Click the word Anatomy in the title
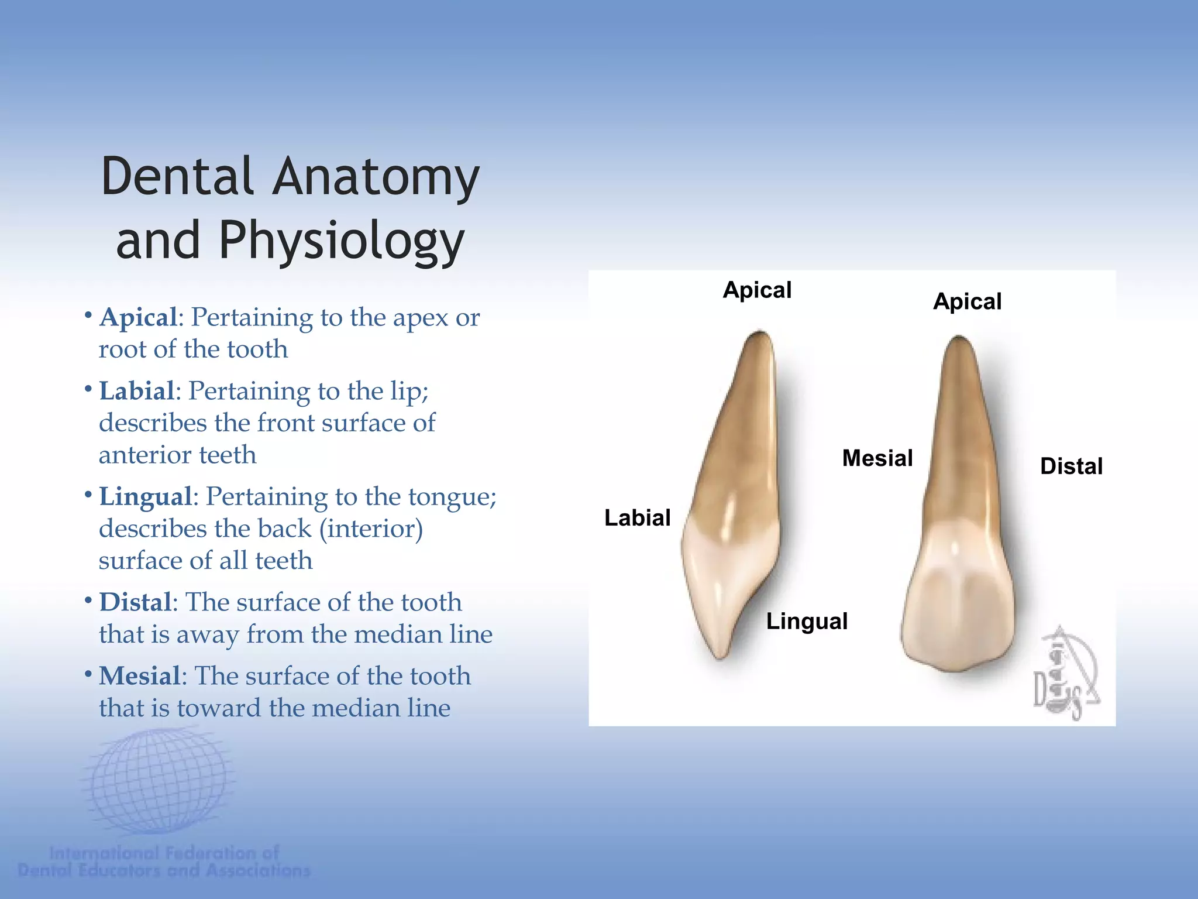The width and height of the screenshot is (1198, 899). [x=376, y=177]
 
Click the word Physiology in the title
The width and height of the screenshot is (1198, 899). [x=342, y=241]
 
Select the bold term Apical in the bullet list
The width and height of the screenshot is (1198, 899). [x=139, y=317]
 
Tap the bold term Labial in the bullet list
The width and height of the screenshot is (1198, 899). [x=137, y=391]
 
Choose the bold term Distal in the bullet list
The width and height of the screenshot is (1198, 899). [x=136, y=602]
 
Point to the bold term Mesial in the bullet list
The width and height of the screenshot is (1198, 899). [x=140, y=675]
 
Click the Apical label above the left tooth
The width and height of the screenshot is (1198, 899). [x=757, y=290]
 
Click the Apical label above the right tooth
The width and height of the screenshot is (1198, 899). [x=967, y=301]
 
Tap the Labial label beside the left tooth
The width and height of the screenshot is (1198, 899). [x=637, y=517]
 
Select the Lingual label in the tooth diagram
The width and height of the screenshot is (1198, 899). [x=807, y=621]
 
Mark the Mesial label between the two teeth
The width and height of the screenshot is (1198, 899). [x=877, y=458]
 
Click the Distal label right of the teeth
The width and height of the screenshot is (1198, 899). [x=1071, y=466]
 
